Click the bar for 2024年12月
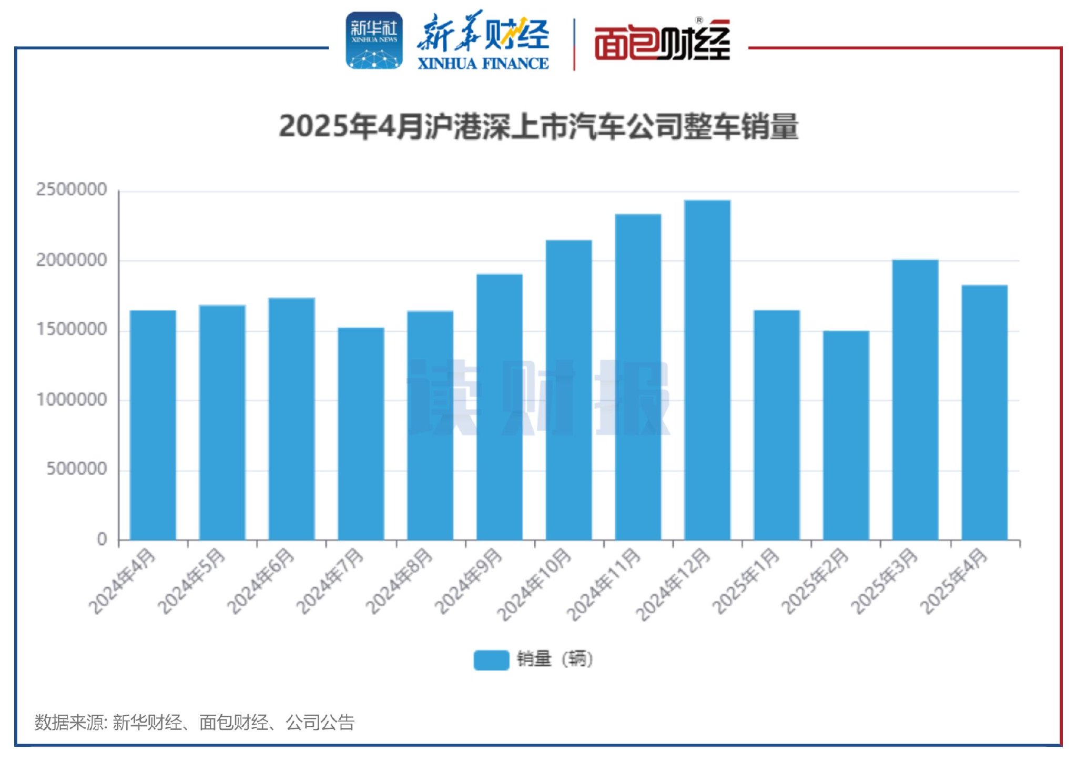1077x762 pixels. (707, 370)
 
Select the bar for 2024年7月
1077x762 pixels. (361, 434)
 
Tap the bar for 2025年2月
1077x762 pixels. (846, 435)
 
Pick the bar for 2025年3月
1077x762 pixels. (915, 400)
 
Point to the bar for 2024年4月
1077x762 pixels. (153, 425)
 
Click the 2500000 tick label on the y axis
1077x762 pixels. (72, 189)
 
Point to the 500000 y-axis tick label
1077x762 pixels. (77, 469)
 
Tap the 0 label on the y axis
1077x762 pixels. (102, 539)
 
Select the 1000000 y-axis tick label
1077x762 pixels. (72, 400)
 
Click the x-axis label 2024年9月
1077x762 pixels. (469, 581)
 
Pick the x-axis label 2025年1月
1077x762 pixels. (746, 581)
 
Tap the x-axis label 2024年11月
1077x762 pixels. (604, 584)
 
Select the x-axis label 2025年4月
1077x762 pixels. (954, 581)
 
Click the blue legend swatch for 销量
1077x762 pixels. (491, 659)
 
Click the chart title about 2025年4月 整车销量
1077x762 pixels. (538, 127)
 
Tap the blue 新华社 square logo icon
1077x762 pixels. (374, 41)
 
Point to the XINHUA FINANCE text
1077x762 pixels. (483, 64)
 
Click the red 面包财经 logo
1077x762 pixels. (662, 41)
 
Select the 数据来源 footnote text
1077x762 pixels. (195, 722)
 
